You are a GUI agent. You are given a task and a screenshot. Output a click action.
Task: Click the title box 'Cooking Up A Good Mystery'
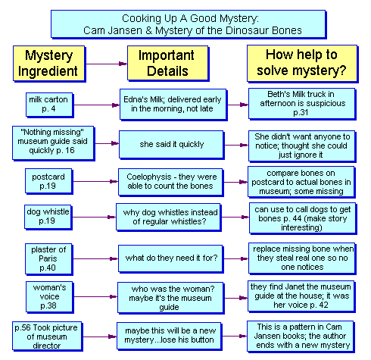[x=189, y=24]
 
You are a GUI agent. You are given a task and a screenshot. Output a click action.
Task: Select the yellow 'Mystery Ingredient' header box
[x=49, y=64]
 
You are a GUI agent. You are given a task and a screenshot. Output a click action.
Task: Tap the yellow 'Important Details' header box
[x=168, y=64]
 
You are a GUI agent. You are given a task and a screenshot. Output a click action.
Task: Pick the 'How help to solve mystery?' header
[x=302, y=64]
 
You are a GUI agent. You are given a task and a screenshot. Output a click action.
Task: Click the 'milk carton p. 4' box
[x=49, y=105]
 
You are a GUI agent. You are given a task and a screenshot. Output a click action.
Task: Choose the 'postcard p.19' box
[x=49, y=181]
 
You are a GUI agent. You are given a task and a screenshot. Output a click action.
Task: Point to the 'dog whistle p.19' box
[x=48, y=218]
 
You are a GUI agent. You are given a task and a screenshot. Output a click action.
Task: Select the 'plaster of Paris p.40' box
[x=49, y=259]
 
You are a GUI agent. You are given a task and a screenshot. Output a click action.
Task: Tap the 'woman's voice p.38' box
[x=49, y=297]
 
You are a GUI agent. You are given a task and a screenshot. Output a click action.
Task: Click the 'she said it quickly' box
[x=172, y=145]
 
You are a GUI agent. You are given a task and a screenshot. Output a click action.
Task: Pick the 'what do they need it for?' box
[x=171, y=258]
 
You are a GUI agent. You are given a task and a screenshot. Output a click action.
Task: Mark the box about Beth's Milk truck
[x=302, y=104]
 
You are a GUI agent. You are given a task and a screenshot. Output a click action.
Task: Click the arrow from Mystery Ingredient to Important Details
[x=107, y=64]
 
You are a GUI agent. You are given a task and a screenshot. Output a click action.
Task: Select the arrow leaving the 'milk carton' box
[x=97, y=105]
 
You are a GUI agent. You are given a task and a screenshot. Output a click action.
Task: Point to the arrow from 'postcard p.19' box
[x=95, y=181]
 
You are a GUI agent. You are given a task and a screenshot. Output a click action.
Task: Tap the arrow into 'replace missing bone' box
[x=236, y=258]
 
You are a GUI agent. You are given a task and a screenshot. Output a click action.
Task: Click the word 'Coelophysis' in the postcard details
[x=149, y=177]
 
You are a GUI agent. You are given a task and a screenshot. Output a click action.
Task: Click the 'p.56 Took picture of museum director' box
[x=47, y=337]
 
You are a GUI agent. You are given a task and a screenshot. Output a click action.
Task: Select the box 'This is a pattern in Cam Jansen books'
[x=301, y=337]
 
